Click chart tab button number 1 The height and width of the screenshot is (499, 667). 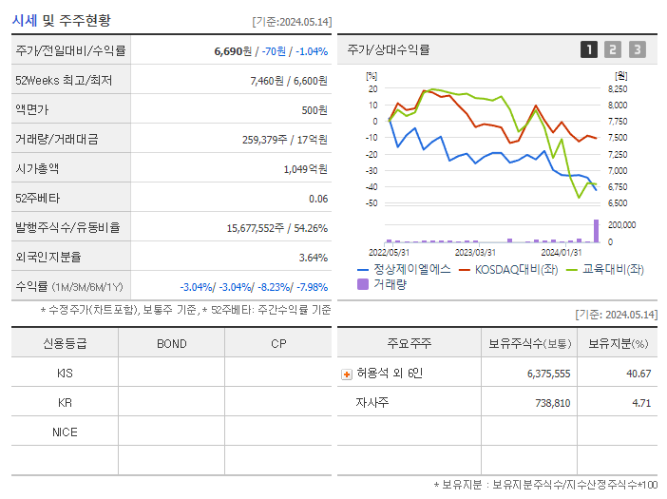coord(589,49)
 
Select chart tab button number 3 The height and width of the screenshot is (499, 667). coord(637,49)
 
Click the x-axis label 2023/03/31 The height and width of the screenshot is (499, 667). coord(475,252)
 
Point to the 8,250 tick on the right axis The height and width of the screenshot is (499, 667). coord(617,88)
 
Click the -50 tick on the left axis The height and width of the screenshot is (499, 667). coord(372,203)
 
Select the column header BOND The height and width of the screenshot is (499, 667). coord(171,343)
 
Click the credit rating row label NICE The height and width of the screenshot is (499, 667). coord(65,432)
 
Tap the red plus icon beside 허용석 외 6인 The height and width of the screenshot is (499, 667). coord(346,374)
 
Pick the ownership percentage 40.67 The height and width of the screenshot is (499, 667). coord(638,374)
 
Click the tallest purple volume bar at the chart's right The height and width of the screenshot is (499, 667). coord(597,231)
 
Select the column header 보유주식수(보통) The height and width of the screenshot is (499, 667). coord(529,343)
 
